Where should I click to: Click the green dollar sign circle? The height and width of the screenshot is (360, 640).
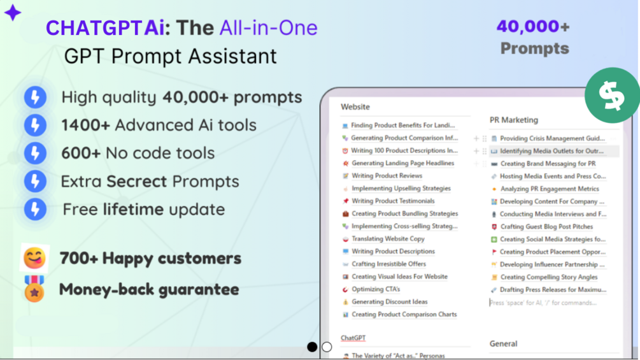[x=611, y=96]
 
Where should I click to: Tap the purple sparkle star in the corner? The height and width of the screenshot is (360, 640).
[x=12, y=12]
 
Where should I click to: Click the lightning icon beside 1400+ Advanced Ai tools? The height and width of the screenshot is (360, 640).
[x=35, y=125]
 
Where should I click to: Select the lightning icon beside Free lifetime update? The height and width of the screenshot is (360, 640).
[x=35, y=209]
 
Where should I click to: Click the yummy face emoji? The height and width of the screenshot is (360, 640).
[x=34, y=258]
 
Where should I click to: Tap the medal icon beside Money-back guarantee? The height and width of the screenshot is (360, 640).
[x=34, y=290]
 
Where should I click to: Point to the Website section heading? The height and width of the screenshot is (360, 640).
[x=355, y=107]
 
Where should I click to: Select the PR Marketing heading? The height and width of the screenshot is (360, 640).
[x=513, y=120]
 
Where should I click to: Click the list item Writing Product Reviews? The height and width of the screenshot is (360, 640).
[x=387, y=176]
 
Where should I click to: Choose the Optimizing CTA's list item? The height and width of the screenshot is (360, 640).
[x=376, y=289]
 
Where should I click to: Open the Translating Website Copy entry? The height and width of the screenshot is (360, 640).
[x=388, y=239]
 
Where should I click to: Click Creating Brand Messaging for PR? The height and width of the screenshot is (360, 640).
[x=548, y=164]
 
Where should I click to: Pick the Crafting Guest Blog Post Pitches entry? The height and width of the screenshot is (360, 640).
[x=546, y=227]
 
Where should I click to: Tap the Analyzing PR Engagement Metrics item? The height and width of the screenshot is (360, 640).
[x=549, y=189]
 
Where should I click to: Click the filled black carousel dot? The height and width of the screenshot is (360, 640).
[x=312, y=347]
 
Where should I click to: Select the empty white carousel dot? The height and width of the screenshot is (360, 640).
[x=327, y=347]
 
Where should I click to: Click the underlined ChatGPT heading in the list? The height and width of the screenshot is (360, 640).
[x=353, y=338]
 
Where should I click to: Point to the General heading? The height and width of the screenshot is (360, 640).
[x=503, y=343]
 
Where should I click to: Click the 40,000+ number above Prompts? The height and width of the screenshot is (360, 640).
[x=532, y=26]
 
